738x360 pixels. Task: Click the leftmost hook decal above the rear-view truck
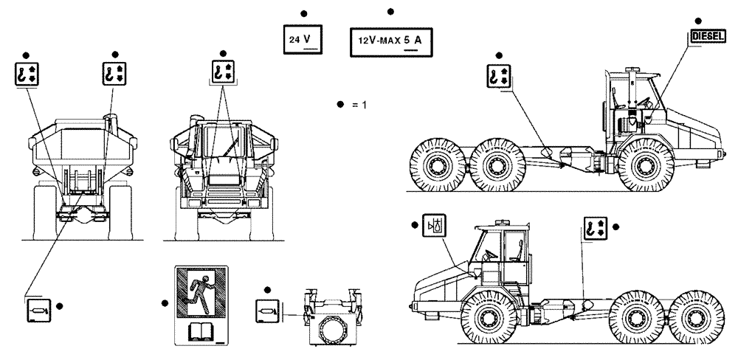pyautogui.click(x=26, y=75)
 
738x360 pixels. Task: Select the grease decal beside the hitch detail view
pyautogui.click(x=266, y=309)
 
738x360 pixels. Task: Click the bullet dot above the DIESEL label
pyautogui.click(x=698, y=19)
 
